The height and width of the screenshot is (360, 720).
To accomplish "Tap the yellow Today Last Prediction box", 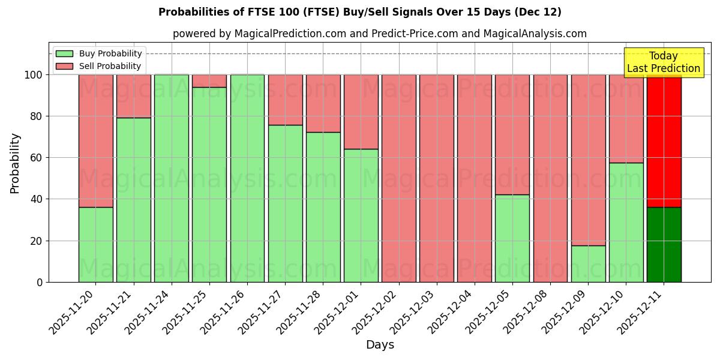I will [663, 62].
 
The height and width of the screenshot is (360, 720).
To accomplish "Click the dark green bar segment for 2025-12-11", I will [664, 245].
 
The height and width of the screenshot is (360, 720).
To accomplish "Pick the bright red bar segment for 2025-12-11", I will [664, 141].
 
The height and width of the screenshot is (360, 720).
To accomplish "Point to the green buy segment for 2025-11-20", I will [95, 245].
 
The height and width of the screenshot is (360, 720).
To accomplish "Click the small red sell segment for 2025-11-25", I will [209, 81].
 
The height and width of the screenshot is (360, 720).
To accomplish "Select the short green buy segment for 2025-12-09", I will [588, 264].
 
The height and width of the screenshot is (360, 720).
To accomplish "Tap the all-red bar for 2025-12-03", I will [437, 178].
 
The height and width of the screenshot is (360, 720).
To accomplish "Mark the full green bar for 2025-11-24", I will [172, 178].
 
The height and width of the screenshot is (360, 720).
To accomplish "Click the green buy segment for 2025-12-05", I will [512, 238].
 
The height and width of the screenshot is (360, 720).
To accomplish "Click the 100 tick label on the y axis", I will [34, 75].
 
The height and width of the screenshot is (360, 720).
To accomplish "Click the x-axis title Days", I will [380, 345].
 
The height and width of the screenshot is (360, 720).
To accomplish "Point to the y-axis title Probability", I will [15, 163].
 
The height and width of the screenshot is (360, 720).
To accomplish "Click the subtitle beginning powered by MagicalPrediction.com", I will [380, 34].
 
